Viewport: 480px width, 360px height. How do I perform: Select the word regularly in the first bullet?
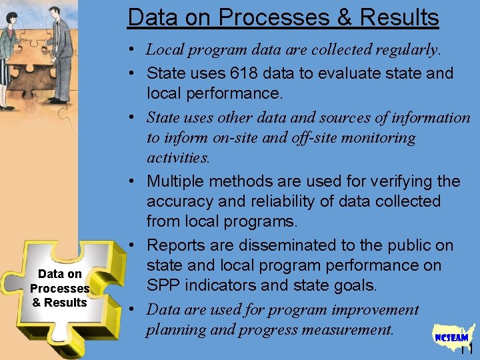click(405, 49)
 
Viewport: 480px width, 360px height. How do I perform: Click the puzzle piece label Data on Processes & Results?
click(60, 288)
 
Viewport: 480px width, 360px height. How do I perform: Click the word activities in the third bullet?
click(177, 158)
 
